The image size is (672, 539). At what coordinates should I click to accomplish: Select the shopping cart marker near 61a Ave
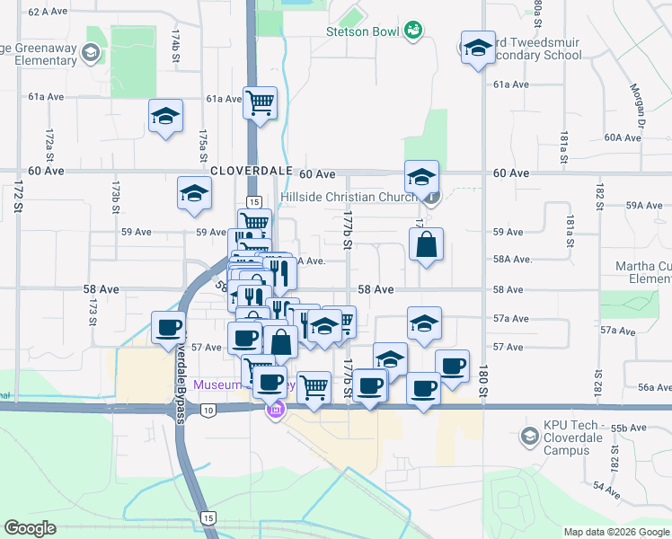coord(260,103)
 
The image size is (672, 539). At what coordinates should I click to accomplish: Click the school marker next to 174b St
coord(166,118)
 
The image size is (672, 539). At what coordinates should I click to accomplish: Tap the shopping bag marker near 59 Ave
coord(426,244)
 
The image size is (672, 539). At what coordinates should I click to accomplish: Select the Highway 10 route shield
coord(208,410)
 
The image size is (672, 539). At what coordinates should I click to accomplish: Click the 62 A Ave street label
coord(49,12)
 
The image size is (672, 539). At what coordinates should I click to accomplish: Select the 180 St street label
coord(482,387)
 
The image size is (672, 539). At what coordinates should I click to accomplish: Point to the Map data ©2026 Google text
coord(615,532)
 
